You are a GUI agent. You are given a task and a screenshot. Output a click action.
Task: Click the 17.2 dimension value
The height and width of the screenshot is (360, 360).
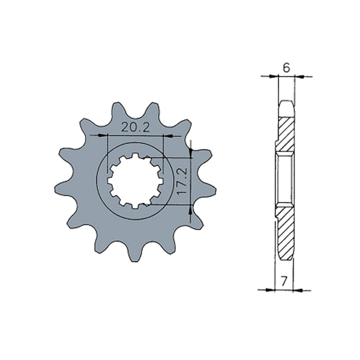click(x=183, y=180)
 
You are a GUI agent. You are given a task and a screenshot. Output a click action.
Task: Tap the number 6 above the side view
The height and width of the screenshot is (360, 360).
click(x=286, y=68)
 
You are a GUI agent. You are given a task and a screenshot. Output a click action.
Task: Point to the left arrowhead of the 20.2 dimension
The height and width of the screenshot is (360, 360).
click(x=92, y=136)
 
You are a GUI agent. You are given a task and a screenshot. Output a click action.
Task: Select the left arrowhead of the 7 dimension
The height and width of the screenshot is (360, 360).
click(x=261, y=289)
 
